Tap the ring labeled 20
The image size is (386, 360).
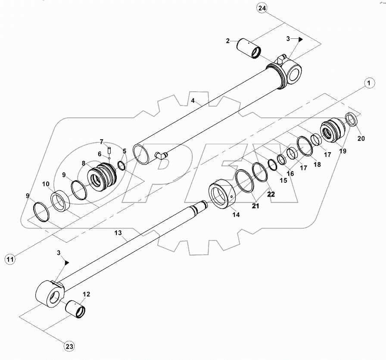coord(352,119)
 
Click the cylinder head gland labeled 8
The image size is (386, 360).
coord(103,176)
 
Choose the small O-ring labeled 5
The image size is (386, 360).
coord(122,166)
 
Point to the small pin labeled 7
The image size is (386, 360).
coord(109,150)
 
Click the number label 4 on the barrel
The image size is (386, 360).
coord(194,100)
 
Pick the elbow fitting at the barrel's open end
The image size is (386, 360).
coord(162,155)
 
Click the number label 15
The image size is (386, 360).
coord(283,180)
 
